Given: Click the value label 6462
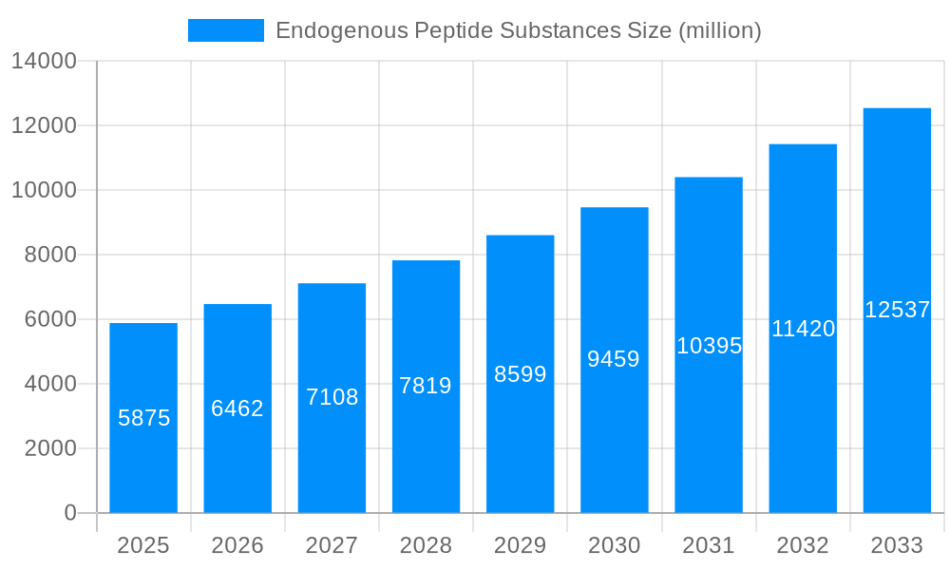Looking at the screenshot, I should (237, 408).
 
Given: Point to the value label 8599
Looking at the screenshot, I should (520, 374).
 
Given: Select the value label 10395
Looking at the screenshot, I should (709, 346).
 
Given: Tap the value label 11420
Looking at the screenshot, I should (803, 329).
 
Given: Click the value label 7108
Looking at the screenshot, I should (332, 397).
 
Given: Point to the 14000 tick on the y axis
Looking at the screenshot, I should (43, 62).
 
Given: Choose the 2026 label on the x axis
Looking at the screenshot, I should (237, 545).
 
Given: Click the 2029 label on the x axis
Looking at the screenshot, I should (520, 545).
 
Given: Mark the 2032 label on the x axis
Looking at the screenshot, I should (803, 545).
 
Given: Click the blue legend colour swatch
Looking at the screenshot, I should (226, 30).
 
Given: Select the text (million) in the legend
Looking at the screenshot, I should (719, 30).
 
